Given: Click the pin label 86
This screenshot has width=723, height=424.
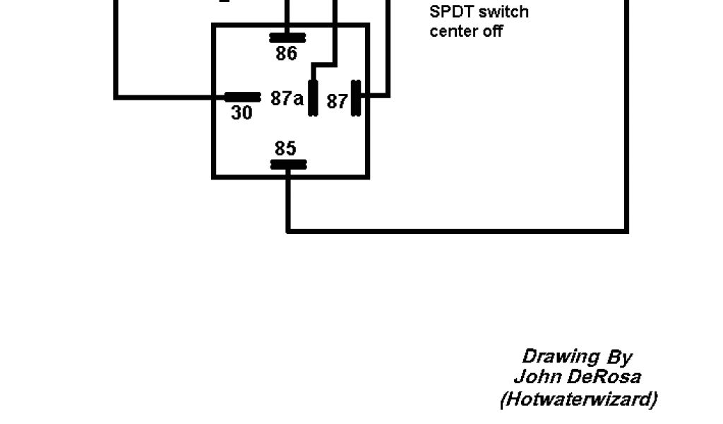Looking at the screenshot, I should [287, 54].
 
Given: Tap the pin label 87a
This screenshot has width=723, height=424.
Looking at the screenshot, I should [287, 98].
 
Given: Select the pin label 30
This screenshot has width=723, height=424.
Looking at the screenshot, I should [241, 112].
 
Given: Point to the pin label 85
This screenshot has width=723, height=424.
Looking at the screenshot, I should [285, 148].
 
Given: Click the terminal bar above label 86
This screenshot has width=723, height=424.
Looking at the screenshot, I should [287, 37].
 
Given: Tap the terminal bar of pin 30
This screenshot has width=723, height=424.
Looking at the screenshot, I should [242, 97].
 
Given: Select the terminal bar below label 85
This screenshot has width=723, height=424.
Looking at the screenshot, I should [288, 165].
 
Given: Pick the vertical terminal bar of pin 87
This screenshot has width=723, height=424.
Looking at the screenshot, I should [357, 98].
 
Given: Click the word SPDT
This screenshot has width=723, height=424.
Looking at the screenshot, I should [452, 12].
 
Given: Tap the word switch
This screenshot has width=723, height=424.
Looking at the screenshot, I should [503, 12].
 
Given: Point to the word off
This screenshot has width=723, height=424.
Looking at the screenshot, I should [493, 31].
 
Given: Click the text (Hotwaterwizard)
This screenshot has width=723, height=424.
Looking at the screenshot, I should [578, 399].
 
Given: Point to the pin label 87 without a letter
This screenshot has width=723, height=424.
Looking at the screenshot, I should [337, 102].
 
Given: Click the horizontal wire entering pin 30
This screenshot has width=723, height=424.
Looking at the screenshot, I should [169, 97].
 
